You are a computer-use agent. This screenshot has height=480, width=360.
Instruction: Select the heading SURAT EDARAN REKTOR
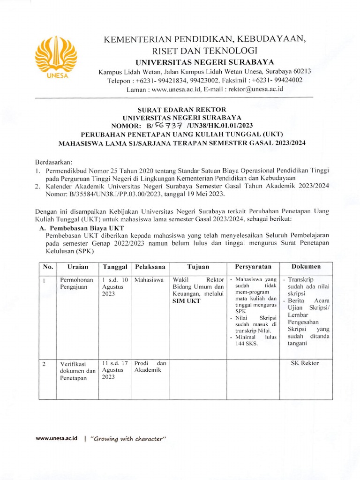[x=181, y=109]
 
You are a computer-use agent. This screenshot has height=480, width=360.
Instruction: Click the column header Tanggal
[x=115, y=267]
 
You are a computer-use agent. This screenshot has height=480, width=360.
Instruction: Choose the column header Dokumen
[x=306, y=266]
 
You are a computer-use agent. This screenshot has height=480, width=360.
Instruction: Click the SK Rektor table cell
[x=306, y=363]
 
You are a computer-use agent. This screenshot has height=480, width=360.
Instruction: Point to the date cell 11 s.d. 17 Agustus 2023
[x=114, y=369]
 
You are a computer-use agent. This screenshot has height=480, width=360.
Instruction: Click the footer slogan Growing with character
[x=128, y=439]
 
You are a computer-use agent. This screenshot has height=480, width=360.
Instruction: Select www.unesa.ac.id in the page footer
[x=56, y=439]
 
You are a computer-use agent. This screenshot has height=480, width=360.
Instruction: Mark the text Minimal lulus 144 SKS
[x=254, y=340]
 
